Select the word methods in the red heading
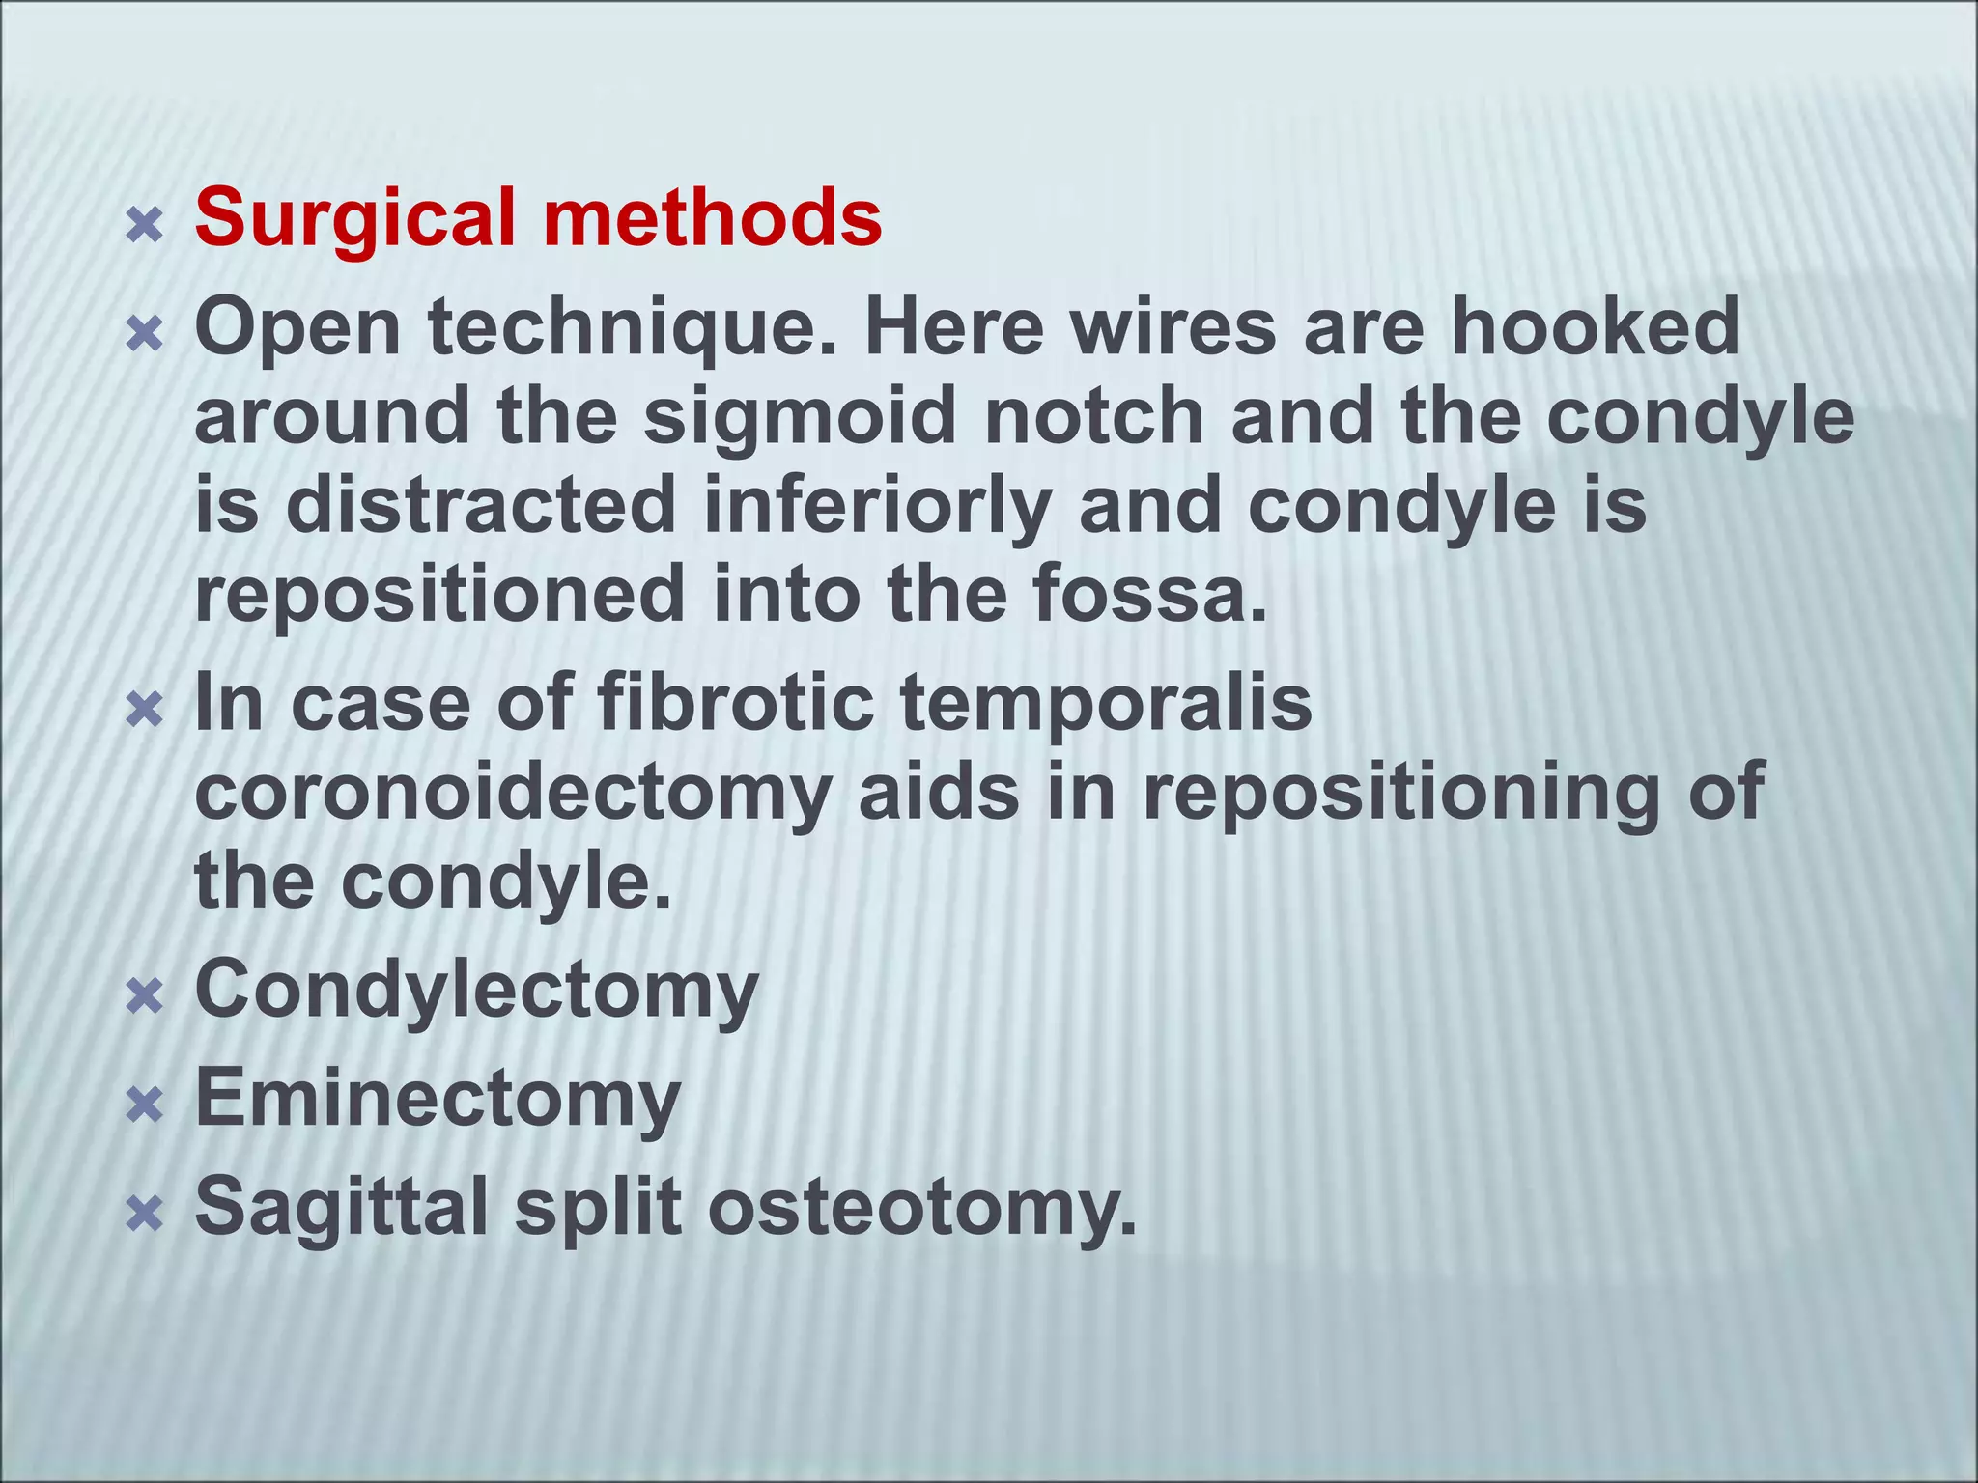[x=712, y=218]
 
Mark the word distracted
[x=480, y=506]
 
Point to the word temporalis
[x=1106, y=704]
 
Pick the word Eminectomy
[x=438, y=1101]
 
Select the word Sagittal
[x=342, y=1209]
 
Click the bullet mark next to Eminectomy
[x=145, y=1106]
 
